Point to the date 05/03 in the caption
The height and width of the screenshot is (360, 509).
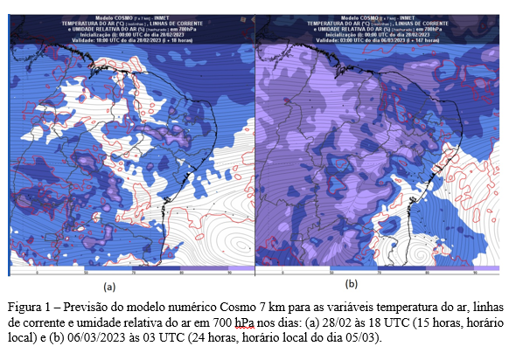click(362, 336)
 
